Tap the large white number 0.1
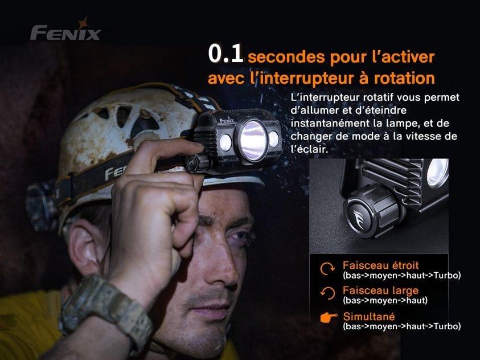point(225,54)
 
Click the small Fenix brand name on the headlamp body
point(227,120)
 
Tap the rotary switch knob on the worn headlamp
point(197,163)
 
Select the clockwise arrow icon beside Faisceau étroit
point(327,269)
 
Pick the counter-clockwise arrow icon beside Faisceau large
point(327,293)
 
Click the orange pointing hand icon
point(329,317)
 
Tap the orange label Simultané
point(368,317)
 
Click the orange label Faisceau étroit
point(380,265)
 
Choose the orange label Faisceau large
point(380,290)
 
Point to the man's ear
point(87,245)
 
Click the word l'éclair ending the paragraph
point(309,149)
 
